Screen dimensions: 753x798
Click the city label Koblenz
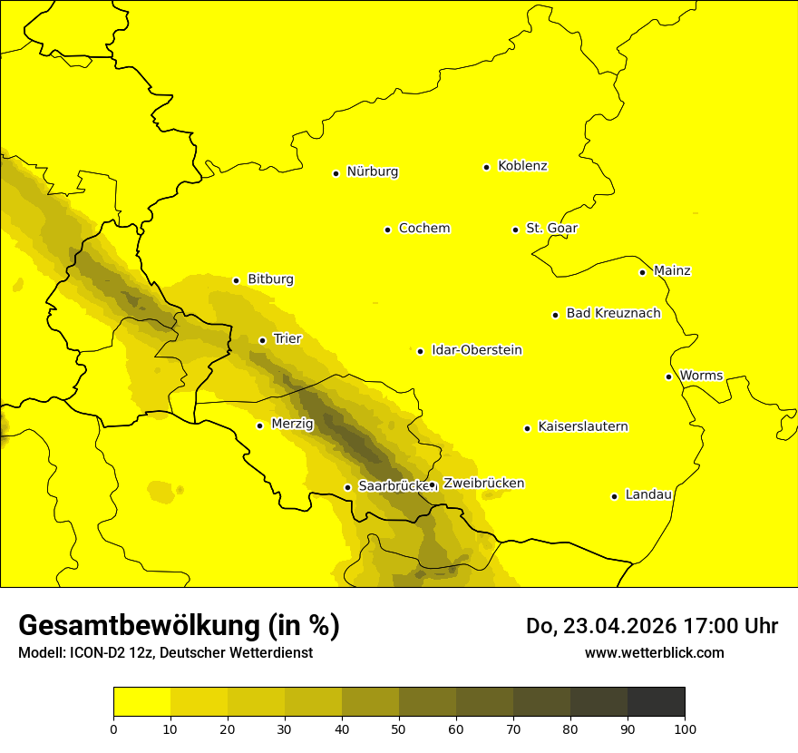522,166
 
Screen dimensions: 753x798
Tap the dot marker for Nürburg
336,173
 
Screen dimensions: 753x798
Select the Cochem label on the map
423,229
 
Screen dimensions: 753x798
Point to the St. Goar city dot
515,230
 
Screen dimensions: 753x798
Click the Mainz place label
672,271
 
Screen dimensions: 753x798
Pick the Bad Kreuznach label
613,314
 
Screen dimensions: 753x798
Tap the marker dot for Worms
668,376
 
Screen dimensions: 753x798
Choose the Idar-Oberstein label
476,350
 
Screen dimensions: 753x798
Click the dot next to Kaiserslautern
527,428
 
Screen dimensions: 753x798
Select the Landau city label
648,495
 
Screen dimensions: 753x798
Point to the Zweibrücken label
483,484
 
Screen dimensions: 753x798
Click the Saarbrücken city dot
347,488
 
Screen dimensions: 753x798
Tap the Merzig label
292,424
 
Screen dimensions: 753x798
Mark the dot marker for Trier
262,341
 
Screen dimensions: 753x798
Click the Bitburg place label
270,279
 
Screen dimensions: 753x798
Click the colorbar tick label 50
399,729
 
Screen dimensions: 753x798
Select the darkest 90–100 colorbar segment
656,702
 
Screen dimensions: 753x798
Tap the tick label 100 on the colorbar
685,729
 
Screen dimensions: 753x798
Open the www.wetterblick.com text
654,652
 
